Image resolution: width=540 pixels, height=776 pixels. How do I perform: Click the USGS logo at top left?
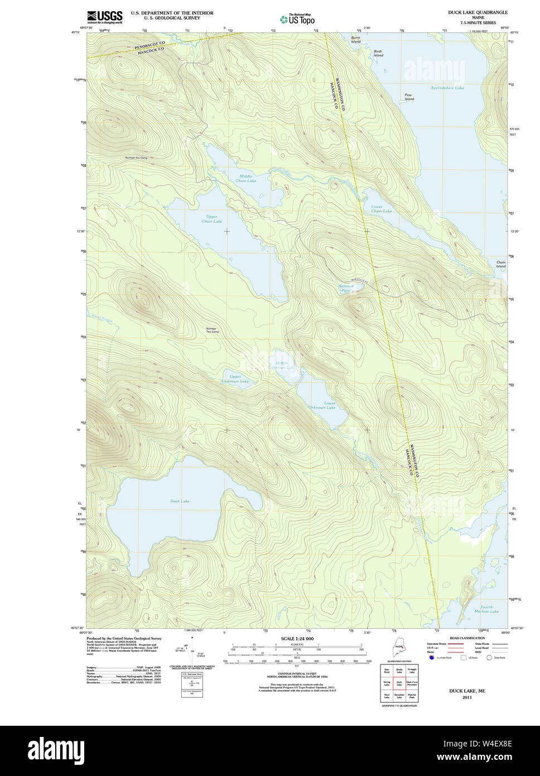(104, 17)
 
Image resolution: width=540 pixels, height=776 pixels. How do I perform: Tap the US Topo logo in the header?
(298, 18)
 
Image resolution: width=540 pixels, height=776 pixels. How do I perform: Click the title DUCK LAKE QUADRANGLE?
(478, 12)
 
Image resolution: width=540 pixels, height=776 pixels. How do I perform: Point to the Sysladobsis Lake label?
(447, 88)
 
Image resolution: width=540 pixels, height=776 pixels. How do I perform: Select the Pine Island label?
(409, 97)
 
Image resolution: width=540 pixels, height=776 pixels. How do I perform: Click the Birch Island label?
(378, 54)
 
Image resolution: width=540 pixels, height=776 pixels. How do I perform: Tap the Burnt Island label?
(356, 40)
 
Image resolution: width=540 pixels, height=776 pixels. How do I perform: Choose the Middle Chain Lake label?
(245, 179)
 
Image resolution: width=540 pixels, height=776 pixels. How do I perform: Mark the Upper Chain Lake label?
(211, 219)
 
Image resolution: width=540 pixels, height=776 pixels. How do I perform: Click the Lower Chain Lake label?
(381, 209)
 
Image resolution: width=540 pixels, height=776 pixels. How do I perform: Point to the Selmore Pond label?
(346, 288)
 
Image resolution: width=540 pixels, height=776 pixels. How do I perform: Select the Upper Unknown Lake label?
(235, 379)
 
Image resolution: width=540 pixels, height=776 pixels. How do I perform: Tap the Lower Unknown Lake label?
(322, 405)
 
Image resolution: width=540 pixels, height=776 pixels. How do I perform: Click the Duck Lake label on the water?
(180, 501)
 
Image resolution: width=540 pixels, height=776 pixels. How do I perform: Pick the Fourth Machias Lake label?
(486, 609)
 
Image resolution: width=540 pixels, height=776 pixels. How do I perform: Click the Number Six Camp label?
(136, 158)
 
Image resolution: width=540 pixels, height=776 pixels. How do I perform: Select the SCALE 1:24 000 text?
(297, 639)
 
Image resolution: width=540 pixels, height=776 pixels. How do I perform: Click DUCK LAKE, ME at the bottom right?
(467, 691)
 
